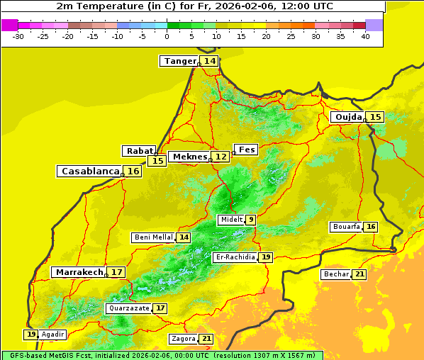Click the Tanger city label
click(179, 61)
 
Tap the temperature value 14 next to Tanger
click(210, 61)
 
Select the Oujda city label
click(348, 117)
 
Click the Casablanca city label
click(90, 171)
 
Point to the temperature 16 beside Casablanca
click(133, 171)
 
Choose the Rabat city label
click(139, 151)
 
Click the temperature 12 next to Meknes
click(222, 157)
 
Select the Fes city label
click(247, 150)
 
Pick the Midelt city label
click(231, 220)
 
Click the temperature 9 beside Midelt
click(251, 220)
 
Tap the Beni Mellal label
click(153, 237)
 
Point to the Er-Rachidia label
click(235, 257)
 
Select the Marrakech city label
click(79, 272)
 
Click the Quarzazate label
click(128, 308)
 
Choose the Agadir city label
click(53, 334)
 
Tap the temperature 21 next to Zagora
click(206, 339)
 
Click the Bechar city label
click(336, 274)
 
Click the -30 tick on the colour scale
click(18, 36)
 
